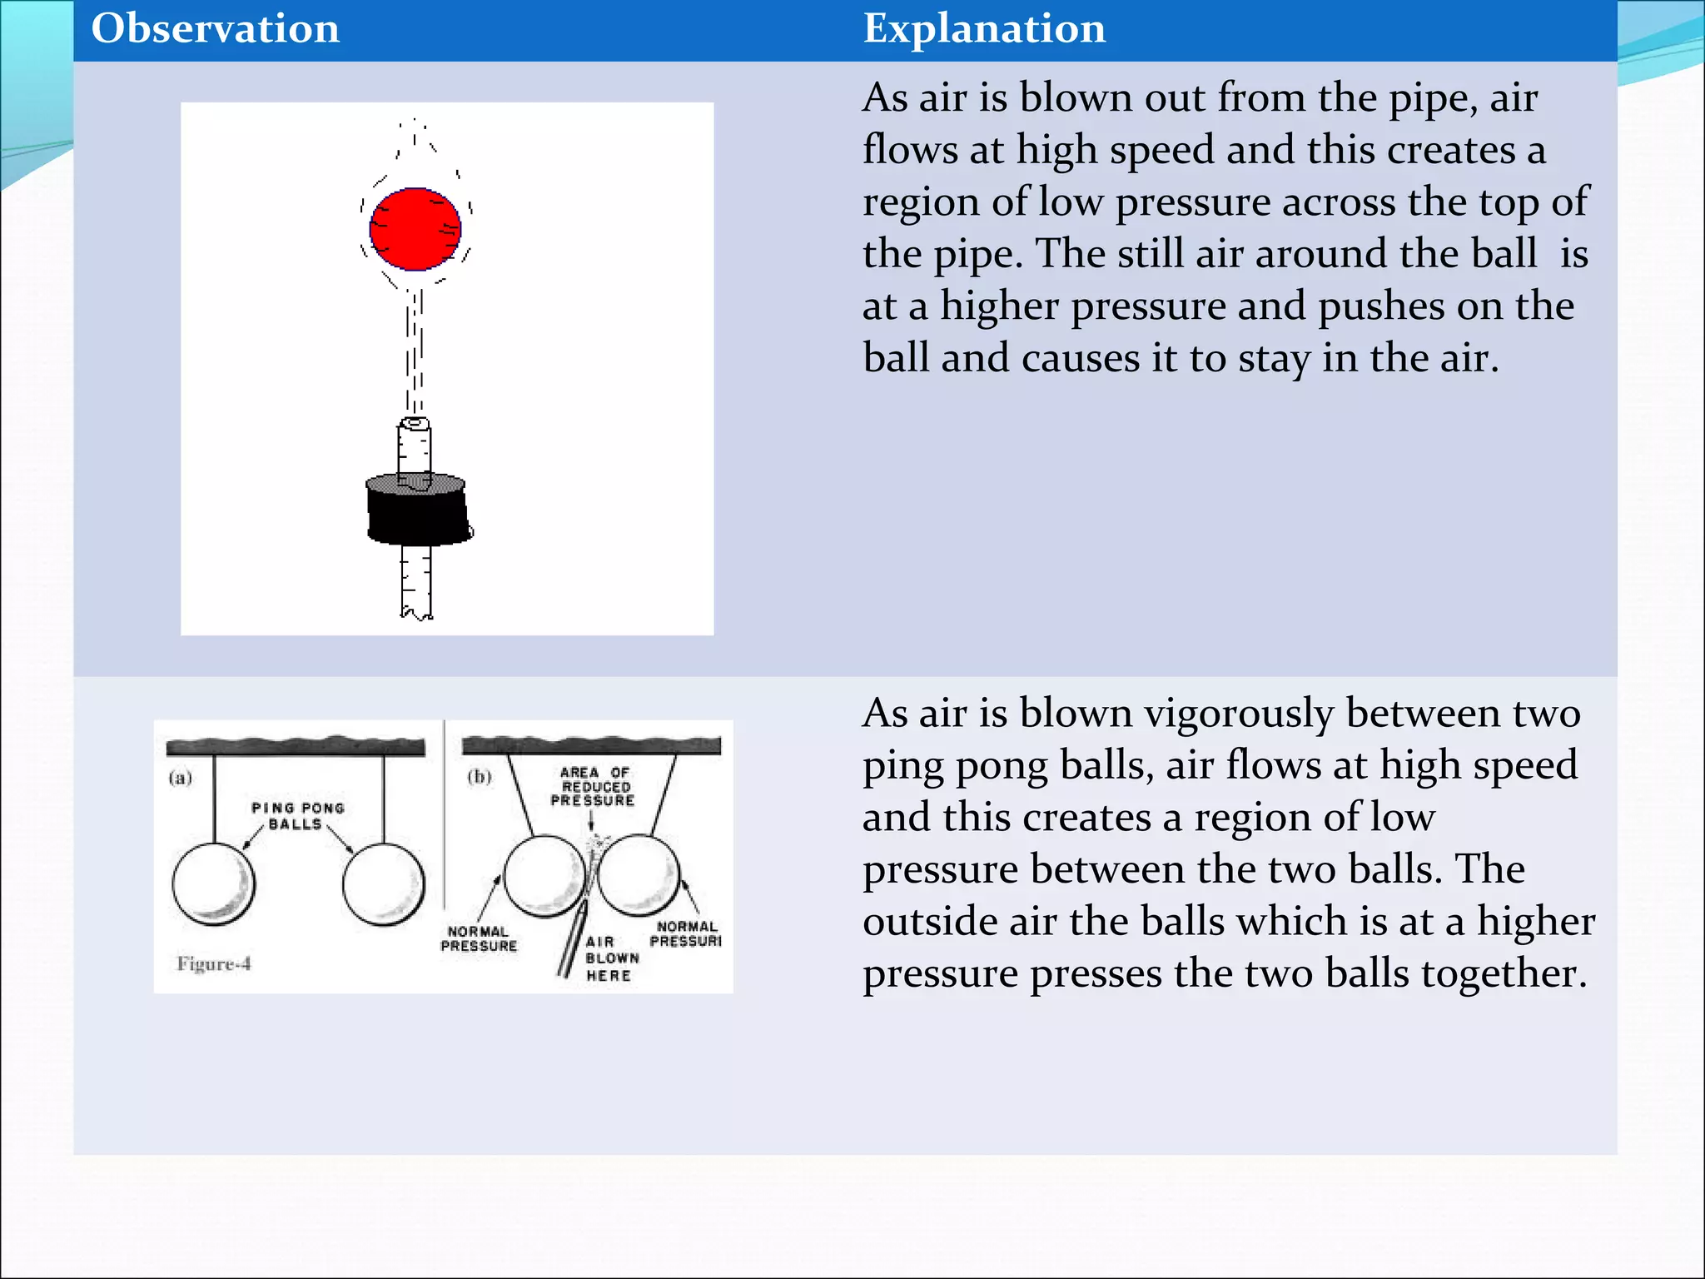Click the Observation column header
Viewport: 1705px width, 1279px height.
(x=215, y=29)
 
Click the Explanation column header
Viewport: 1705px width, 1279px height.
(x=984, y=29)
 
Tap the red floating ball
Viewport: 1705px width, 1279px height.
(x=415, y=229)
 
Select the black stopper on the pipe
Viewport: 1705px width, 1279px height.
(x=418, y=512)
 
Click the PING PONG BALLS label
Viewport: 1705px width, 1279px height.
(x=297, y=816)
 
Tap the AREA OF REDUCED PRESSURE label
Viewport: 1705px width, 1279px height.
(x=594, y=786)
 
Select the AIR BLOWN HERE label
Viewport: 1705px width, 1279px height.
(x=611, y=958)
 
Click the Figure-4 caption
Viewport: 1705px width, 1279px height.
(x=214, y=964)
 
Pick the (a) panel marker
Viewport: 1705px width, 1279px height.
(x=181, y=778)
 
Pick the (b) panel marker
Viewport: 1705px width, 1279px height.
(x=480, y=777)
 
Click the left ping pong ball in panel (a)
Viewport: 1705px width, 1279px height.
(x=214, y=884)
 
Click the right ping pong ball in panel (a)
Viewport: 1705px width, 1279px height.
(x=384, y=884)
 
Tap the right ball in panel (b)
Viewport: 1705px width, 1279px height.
(x=639, y=876)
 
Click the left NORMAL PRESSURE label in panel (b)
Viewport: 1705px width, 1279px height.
(x=479, y=938)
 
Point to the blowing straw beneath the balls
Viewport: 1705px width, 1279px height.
(x=572, y=941)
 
